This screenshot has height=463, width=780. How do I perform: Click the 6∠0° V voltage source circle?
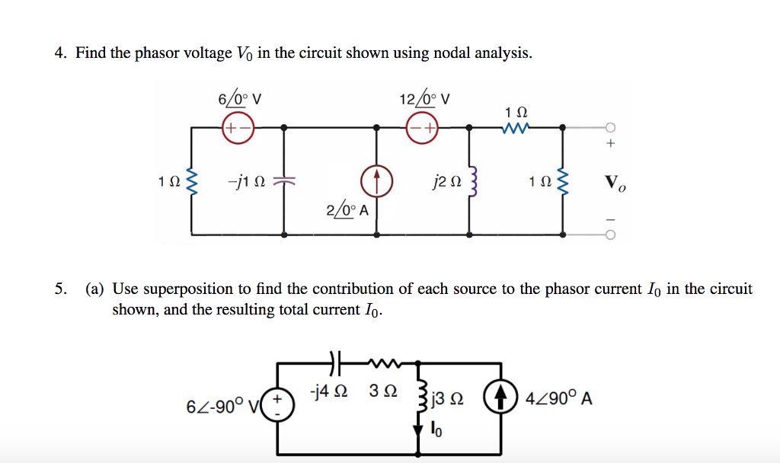point(237,128)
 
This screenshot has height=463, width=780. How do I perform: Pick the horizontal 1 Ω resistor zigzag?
point(515,128)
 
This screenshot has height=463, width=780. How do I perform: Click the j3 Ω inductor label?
point(447,399)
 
